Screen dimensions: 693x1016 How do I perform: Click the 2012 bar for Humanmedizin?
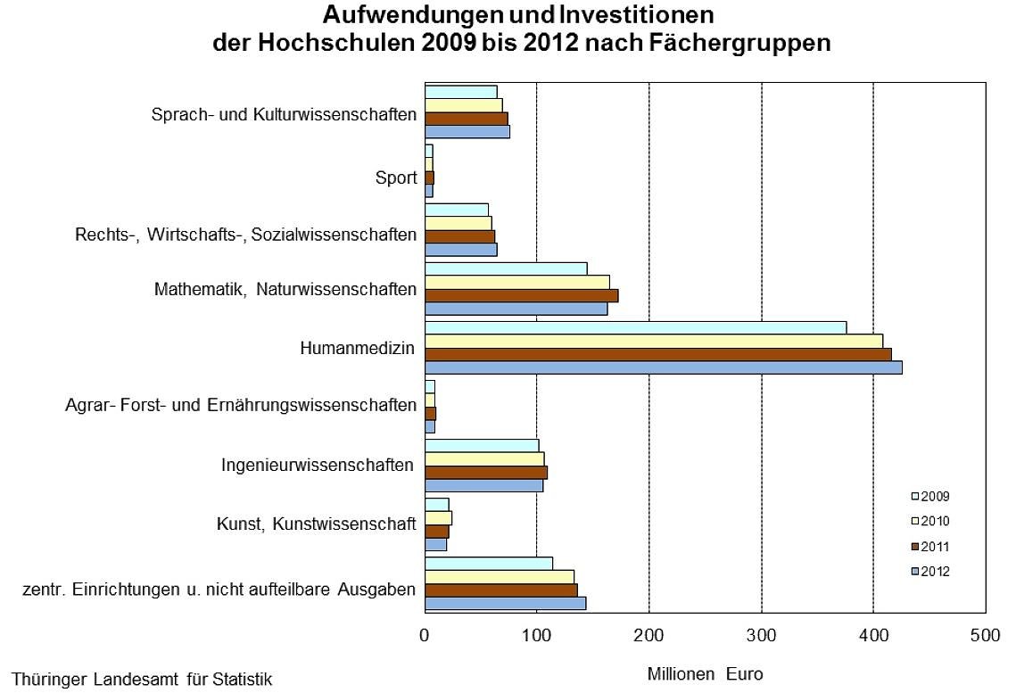click(663, 367)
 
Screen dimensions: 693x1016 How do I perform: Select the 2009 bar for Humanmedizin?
click(635, 327)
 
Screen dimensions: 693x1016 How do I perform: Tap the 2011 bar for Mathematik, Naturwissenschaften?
click(521, 295)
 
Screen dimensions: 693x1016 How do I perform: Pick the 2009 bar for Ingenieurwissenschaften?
click(482, 445)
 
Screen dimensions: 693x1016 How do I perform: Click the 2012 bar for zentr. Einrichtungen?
click(505, 603)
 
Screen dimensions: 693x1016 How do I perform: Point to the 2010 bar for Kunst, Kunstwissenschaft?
click(438, 517)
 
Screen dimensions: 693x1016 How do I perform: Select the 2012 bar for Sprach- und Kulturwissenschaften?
click(467, 132)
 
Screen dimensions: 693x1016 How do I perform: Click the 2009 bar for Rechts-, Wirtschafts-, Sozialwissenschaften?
click(456, 210)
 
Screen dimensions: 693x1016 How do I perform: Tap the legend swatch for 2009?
click(914, 496)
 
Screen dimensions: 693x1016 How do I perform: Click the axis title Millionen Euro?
click(705, 674)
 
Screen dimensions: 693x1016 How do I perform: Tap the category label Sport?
click(395, 177)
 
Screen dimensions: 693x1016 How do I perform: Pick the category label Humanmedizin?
click(357, 347)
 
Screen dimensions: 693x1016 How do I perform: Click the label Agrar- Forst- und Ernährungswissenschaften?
click(241, 406)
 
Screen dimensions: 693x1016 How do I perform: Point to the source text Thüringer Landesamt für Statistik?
click(142, 680)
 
